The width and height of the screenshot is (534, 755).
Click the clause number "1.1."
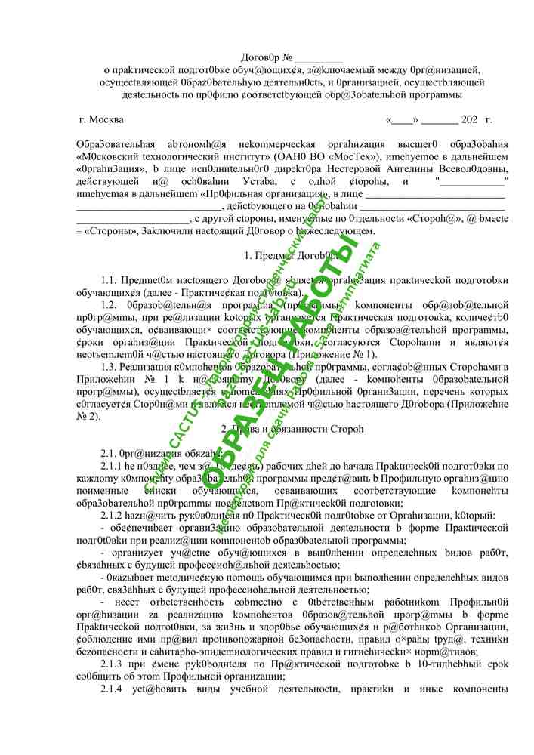111,280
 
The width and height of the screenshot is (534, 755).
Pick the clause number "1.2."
111,304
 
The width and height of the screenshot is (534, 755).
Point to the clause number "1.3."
111,366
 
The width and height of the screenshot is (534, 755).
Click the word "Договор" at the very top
260,57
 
